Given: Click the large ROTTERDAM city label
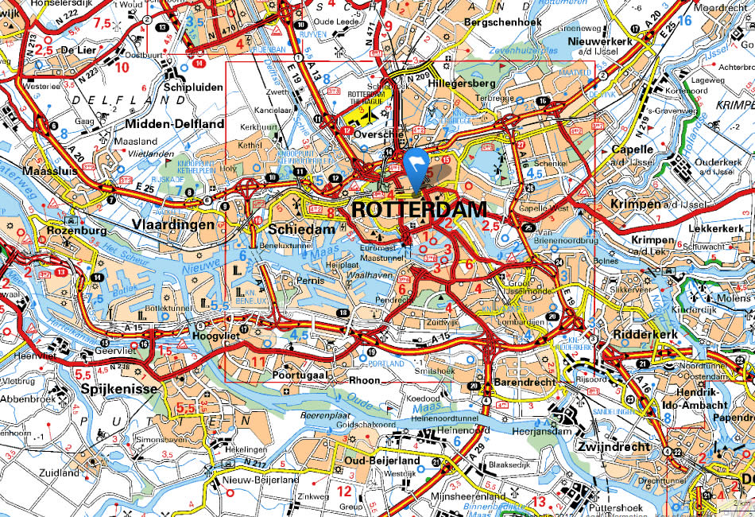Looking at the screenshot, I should tap(418, 210).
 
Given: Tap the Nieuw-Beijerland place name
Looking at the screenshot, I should tap(261, 480).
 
